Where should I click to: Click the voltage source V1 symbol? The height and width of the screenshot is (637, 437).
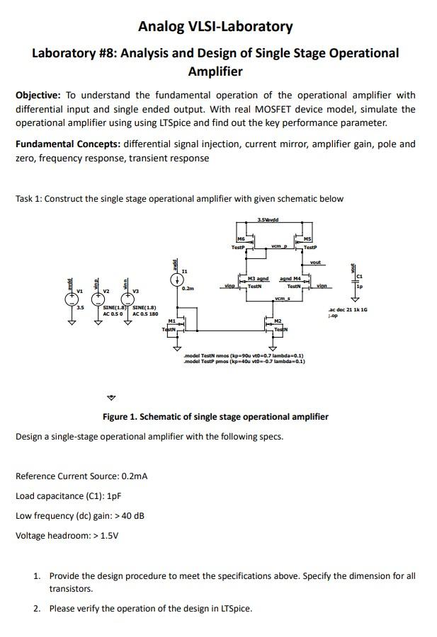[x=72, y=299]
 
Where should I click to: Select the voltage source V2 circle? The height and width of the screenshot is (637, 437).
[x=100, y=299]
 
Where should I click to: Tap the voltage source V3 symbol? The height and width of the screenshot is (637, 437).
[x=128, y=299]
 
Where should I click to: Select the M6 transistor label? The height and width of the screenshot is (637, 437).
[x=241, y=240]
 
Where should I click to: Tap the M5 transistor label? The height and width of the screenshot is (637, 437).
[x=307, y=240]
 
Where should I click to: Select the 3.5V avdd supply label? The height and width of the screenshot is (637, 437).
[x=268, y=220]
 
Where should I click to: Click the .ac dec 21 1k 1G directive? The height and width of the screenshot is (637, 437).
[x=348, y=311]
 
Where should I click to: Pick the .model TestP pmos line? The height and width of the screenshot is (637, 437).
[x=244, y=362]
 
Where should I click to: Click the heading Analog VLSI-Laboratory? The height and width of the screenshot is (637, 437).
[x=215, y=27]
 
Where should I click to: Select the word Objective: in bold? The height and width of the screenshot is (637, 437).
[x=39, y=96]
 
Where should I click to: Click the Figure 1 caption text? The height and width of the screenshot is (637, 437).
[x=215, y=417]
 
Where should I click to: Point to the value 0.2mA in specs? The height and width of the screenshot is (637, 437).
[x=135, y=476]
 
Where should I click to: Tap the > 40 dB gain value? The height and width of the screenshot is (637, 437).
[x=127, y=515]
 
